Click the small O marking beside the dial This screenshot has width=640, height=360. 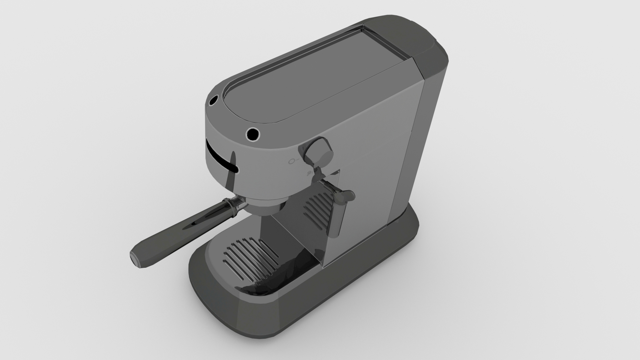[x=292, y=162]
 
